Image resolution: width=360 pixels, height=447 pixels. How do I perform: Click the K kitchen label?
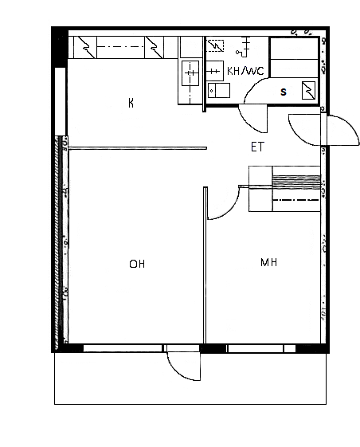coord(131,103)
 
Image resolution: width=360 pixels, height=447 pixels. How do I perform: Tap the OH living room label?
coord(137,264)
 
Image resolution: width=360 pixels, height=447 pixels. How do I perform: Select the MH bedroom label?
coord(268,262)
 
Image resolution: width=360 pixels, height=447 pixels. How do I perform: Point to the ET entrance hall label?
coord(258,147)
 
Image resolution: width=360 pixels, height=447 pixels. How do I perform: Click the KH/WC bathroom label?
coord(245,71)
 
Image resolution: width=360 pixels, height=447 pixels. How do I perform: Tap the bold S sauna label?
coord(284,92)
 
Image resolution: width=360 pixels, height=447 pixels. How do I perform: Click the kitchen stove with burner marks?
coord(190,73)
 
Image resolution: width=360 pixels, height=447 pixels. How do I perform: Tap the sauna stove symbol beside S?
coord(309,90)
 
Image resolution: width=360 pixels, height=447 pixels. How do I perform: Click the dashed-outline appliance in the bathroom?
coord(216,46)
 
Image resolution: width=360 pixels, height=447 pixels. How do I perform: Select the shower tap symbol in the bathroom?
coord(243,47)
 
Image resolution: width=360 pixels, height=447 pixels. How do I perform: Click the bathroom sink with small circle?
coord(219,90)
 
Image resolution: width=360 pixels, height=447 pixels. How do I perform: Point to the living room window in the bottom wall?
coord(123,348)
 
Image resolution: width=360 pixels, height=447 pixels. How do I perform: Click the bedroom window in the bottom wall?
coord(256,348)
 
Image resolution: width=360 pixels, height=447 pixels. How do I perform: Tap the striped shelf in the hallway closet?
coord(296,182)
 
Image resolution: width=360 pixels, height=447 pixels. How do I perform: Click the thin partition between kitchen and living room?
coord(138,148)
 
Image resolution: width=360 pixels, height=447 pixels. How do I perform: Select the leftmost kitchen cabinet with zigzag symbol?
coord(85,47)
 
